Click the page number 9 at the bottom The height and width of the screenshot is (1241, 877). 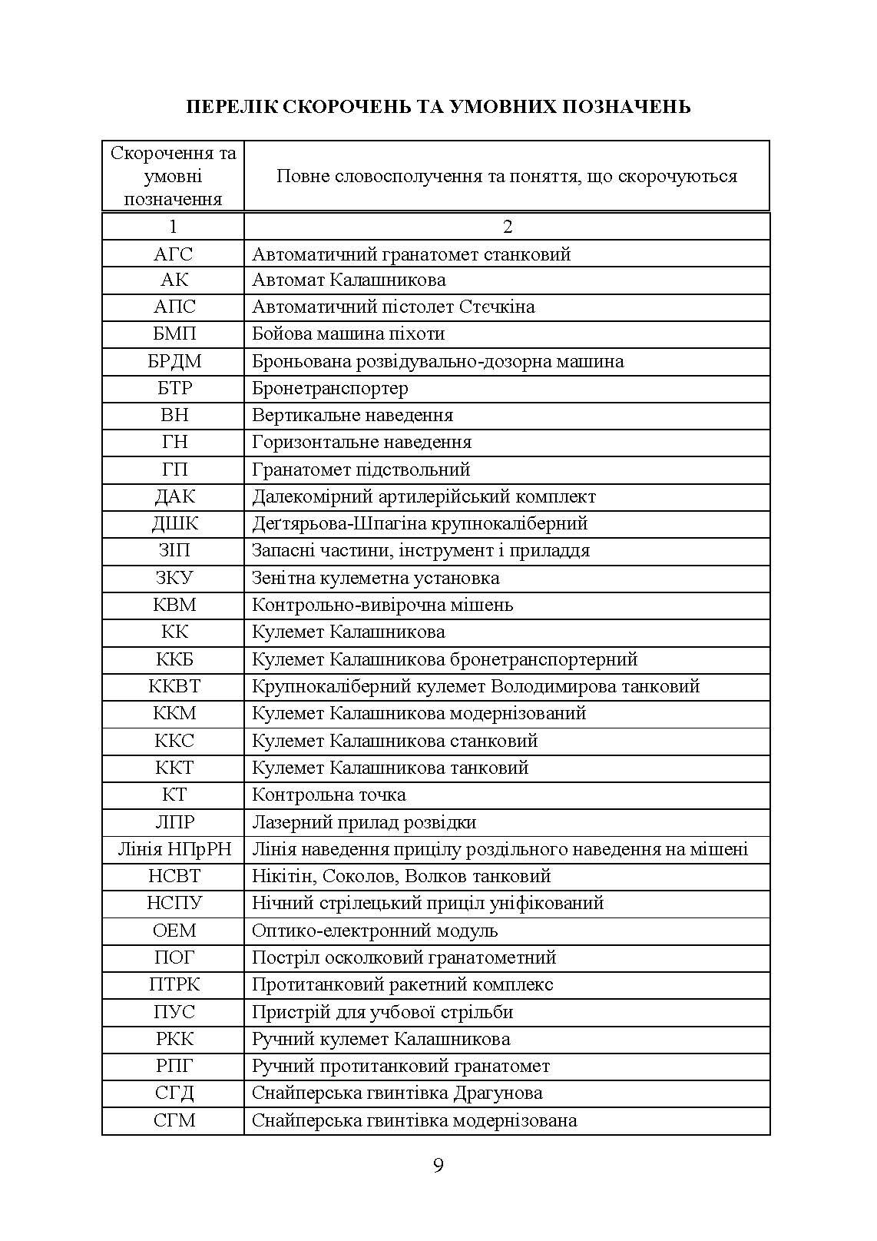438,1166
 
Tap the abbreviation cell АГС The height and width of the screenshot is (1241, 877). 174,254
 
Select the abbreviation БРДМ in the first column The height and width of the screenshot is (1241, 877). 174,361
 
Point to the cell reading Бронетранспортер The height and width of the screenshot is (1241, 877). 330,388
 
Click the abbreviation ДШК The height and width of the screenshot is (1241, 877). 174,523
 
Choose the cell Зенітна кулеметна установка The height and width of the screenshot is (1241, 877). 376,578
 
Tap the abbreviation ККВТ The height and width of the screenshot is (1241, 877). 174,686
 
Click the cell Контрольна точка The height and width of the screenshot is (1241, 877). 329,795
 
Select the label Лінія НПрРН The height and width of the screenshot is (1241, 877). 174,849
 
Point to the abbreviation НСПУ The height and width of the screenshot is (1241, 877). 174,903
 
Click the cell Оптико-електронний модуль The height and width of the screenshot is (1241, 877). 375,931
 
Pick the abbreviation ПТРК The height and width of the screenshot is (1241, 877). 174,984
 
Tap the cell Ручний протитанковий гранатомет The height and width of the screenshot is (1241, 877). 401,1066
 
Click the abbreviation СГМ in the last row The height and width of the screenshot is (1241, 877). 174,1120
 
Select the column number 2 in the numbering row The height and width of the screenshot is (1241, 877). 507,227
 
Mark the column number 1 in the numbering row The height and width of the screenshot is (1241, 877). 173,227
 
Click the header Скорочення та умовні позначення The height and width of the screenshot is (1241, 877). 174,176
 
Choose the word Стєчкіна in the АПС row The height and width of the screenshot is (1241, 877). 497,307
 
